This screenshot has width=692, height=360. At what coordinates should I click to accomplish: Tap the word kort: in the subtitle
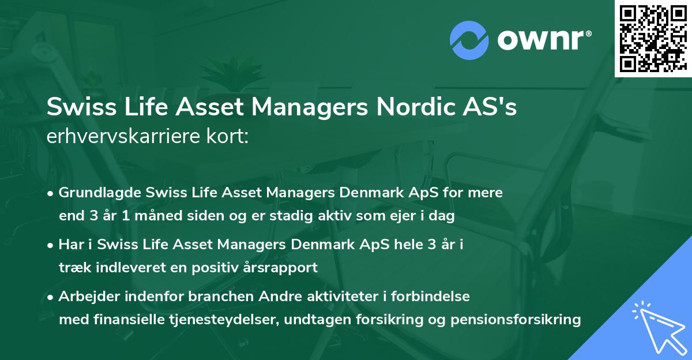click(x=231, y=136)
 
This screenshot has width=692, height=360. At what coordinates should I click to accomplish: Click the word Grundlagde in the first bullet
click(x=100, y=193)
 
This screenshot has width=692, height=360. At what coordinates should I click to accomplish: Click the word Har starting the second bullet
click(x=70, y=245)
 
